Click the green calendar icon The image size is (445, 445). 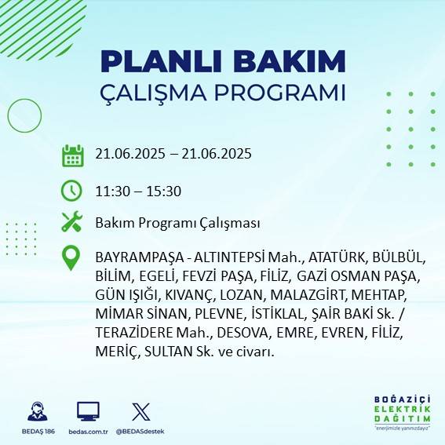tap(72, 155)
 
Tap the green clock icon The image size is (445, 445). tap(72, 190)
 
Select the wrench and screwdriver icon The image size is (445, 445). tap(72, 223)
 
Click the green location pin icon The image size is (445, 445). tap(72, 257)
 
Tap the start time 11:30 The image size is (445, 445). tap(111, 190)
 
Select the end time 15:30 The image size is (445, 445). tap(164, 190)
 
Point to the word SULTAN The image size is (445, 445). tap(161, 352)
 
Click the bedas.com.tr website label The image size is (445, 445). tap(88, 432)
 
